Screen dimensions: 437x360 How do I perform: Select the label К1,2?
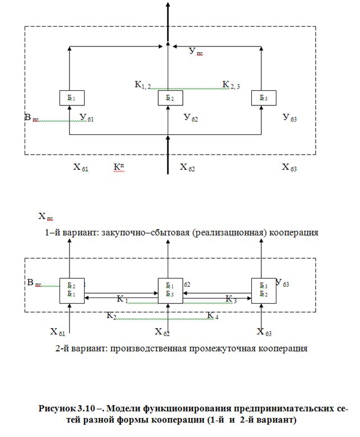click(x=142, y=85)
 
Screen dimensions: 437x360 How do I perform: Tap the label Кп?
click(x=119, y=167)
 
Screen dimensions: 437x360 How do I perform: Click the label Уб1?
click(x=86, y=118)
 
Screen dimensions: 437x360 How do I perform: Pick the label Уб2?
click(x=191, y=118)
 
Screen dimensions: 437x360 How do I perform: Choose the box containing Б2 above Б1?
click(x=72, y=290)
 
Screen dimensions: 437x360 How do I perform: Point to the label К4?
click(x=213, y=316)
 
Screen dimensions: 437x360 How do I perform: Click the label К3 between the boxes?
click(x=230, y=299)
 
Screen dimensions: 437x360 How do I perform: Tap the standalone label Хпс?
click(x=45, y=216)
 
